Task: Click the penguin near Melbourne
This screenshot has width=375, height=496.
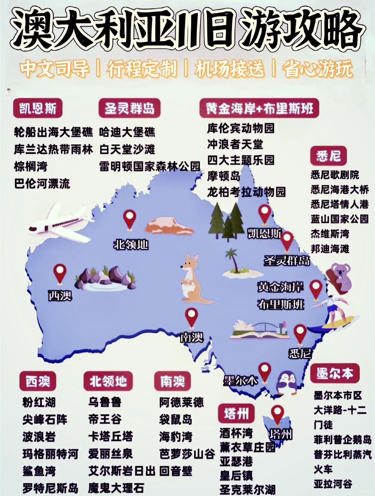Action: click(x=288, y=383)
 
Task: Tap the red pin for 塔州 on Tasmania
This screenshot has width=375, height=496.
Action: click(x=277, y=414)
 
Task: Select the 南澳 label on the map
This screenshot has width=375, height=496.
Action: click(x=191, y=337)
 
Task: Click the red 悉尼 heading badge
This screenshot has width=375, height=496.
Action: click(x=328, y=156)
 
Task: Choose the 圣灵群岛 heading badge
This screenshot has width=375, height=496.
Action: click(x=130, y=108)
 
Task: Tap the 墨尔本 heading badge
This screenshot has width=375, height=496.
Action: click(x=334, y=374)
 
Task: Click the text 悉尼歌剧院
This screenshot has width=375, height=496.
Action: click(x=335, y=175)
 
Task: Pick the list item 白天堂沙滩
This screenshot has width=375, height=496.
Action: click(x=127, y=149)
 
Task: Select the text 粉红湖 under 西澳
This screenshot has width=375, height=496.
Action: click(x=39, y=402)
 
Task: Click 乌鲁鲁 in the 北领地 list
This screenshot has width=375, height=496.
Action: click(x=105, y=402)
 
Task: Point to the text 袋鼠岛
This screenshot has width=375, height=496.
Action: click(x=176, y=419)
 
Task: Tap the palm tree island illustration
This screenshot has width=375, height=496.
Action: click(x=240, y=265)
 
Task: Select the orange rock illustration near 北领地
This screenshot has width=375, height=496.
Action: click(x=168, y=226)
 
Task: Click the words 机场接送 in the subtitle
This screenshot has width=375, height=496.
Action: click(x=230, y=68)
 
